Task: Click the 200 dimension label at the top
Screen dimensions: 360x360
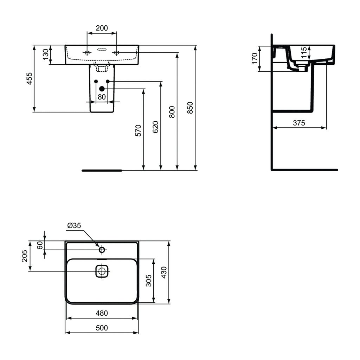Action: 102,28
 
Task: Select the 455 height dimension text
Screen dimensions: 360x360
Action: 30,78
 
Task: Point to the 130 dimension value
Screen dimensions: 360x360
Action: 46,54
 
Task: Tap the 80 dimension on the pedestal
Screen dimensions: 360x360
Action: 102,97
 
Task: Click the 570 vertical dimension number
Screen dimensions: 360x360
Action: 138,130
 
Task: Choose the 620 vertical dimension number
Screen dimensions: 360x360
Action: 155,127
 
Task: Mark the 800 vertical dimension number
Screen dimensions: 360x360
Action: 172,112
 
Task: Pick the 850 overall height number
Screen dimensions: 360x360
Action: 190,108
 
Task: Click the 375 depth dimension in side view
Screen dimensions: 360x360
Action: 299,123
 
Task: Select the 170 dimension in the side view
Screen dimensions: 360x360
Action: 255,59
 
